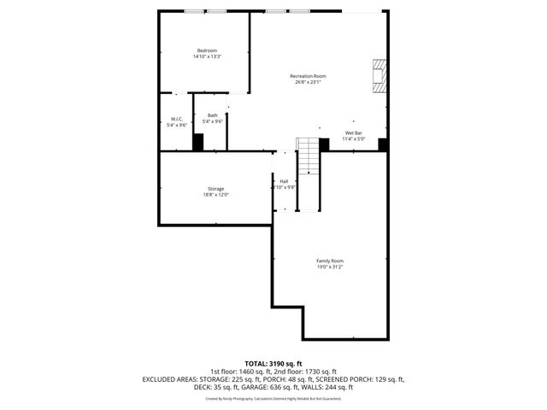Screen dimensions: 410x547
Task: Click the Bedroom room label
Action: pos(207,51)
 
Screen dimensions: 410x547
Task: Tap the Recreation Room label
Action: pos(308,77)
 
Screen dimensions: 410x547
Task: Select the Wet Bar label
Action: pos(354,133)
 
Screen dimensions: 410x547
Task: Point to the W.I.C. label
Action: pos(177,119)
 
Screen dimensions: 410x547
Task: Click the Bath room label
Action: pos(212,115)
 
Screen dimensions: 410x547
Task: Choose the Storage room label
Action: pos(215,189)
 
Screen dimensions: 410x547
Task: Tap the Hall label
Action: pos(284,181)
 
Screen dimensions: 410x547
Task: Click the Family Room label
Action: pos(330,261)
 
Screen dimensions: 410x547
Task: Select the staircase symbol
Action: pos(308,174)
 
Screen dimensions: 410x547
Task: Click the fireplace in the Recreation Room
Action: pos(379,75)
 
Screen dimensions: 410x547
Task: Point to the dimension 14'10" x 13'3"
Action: pos(207,57)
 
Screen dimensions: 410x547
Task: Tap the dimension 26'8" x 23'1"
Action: pos(308,83)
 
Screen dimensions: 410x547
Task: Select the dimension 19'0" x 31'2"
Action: pos(330,266)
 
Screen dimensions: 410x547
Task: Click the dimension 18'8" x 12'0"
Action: pos(215,195)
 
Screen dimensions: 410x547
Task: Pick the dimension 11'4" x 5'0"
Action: pos(354,139)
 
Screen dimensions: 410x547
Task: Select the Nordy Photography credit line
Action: pos(273,398)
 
